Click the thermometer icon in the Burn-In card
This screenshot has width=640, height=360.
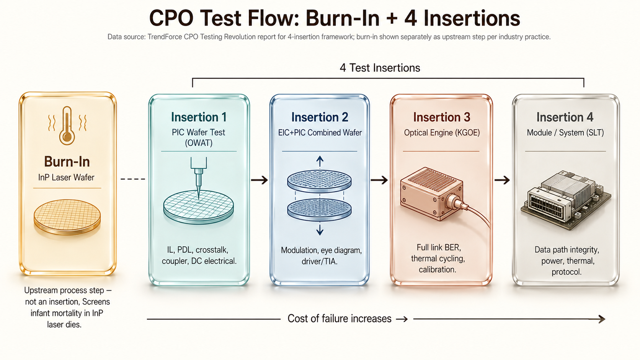(x=67, y=125)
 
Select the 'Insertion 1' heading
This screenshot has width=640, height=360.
(x=199, y=117)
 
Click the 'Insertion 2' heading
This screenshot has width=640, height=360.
(x=320, y=117)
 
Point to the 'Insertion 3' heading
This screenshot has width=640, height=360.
(x=442, y=117)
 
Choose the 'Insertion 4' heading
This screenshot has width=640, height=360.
(x=565, y=117)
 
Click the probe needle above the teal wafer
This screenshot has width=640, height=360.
(x=199, y=177)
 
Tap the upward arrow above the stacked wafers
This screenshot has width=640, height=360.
(x=320, y=161)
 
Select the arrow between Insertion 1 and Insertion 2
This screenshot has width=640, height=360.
(x=260, y=180)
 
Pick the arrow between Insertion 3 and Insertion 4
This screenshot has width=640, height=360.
(x=502, y=180)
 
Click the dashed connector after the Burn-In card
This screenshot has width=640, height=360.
(x=133, y=179)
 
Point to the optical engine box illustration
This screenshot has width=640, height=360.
(x=434, y=194)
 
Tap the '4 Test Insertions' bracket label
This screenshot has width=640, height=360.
(x=380, y=68)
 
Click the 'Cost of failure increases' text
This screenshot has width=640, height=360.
(x=340, y=319)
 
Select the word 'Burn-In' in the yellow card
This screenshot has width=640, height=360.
(x=67, y=161)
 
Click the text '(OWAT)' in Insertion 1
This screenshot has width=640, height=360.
(x=199, y=143)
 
